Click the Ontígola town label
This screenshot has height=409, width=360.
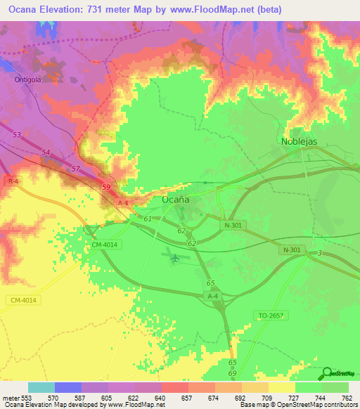[30, 79]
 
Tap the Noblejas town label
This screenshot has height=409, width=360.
[299, 141]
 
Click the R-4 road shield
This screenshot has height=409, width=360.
[13, 181]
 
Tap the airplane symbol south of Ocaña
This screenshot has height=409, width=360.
[174, 257]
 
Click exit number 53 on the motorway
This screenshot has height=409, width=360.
[17, 134]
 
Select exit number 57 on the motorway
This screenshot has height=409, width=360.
[75, 169]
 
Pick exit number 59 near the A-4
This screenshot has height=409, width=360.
[106, 187]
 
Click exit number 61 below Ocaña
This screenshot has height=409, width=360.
[148, 219]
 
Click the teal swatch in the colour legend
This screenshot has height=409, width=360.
[41, 387]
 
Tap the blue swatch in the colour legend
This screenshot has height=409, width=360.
[68, 387]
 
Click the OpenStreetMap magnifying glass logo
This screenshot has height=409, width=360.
[325, 373]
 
